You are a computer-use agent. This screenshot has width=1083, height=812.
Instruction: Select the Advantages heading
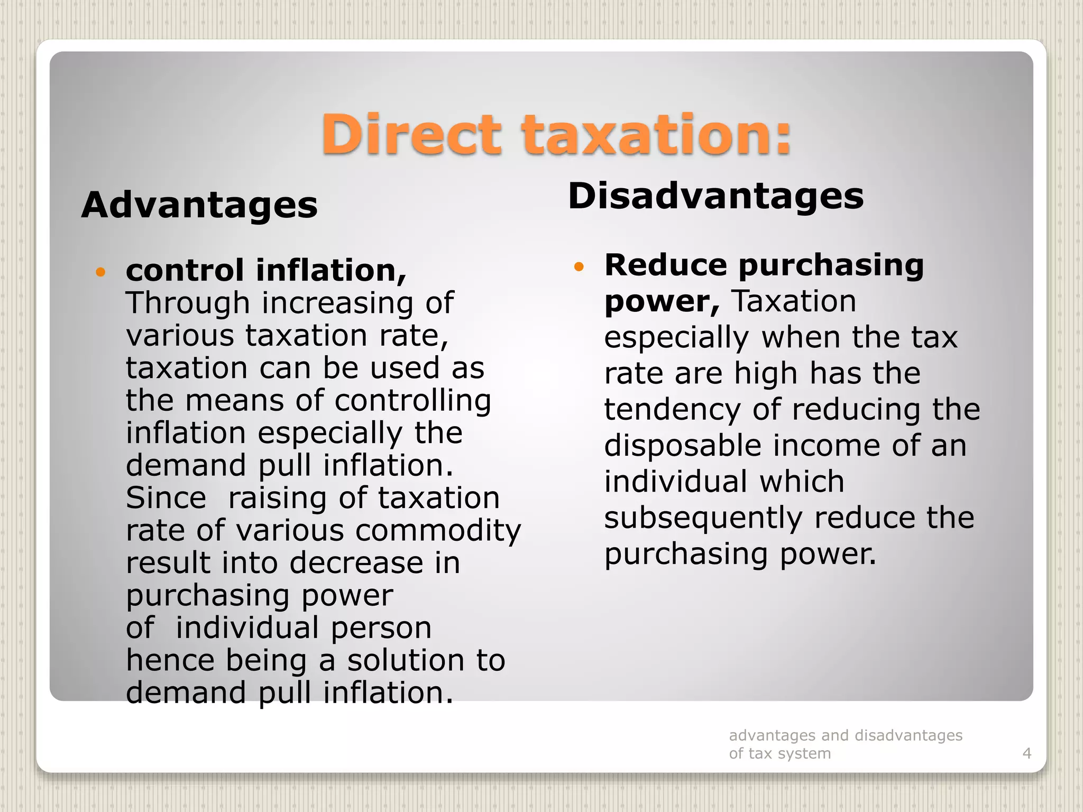pyautogui.click(x=199, y=205)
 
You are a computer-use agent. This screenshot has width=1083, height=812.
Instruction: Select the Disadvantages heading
pyautogui.click(x=715, y=196)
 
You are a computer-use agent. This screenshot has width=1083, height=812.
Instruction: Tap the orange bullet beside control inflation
pyautogui.click(x=100, y=272)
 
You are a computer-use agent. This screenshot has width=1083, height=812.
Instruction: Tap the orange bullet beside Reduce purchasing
pyautogui.click(x=579, y=266)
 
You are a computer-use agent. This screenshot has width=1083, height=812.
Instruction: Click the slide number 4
pyautogui.click(x=1027, y=753)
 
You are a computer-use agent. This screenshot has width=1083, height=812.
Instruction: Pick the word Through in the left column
pyautogui.click(x=188, y=303)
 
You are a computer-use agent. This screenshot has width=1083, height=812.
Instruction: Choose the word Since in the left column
pyautogui.click(x=166, y=498)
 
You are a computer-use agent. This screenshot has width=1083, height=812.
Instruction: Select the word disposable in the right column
pyautogui.click(x=683, y=446)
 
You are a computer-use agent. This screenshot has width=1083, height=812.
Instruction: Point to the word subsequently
pyautogui.click(x=703, y=518)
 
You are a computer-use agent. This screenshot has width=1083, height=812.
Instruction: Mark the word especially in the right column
pyautogui.click(x=676, y=338)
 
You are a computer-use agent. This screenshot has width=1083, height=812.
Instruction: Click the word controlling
pyautogui.click(x=412, y=400)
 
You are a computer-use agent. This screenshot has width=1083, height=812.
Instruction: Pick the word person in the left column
pyautogui.click(x=381, y=628)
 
